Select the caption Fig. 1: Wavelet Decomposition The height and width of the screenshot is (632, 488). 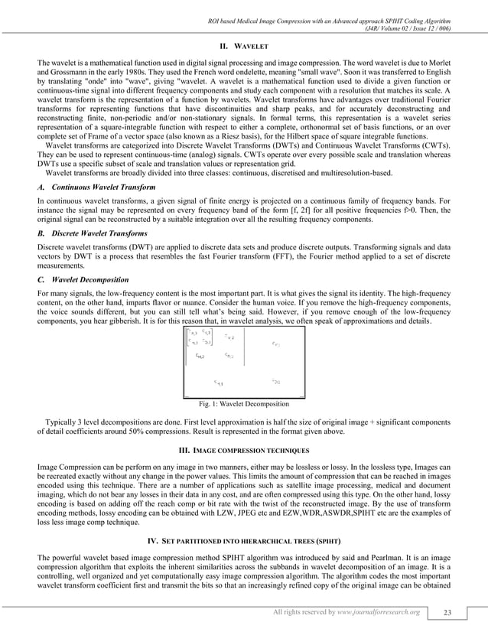[x=243, y=403]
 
